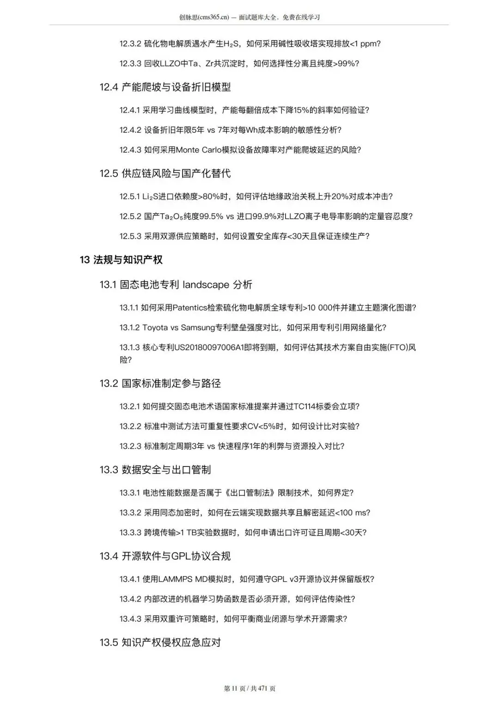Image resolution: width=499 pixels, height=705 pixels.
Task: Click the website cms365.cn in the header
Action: coord(213,18)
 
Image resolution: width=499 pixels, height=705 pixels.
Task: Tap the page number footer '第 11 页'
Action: coord(235,688)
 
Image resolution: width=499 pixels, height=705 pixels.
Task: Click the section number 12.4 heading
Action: coord(109,87)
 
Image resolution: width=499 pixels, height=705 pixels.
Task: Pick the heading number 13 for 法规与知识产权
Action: coord(84,260)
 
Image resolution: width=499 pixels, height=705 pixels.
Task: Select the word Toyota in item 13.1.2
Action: coord(155,328)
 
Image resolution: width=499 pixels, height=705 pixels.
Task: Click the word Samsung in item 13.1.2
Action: coord(198,328)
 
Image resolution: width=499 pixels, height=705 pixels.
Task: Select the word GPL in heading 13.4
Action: coord(182,556)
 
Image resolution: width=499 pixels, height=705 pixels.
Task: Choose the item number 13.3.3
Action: coord(130,532)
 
